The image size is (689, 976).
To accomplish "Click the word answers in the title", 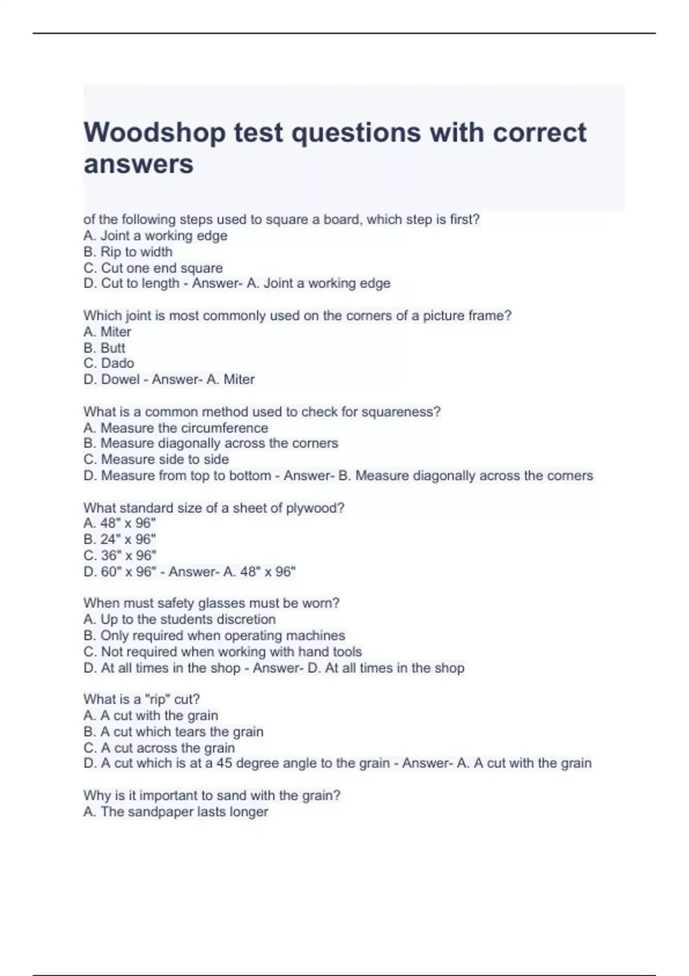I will point(138,165).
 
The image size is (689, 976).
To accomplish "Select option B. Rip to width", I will point(127,252).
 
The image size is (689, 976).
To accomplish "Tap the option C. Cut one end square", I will point(153,268).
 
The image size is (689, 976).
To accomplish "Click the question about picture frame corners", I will point(297,316).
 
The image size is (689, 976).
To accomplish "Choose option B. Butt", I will point(104,348).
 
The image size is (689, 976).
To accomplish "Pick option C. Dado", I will point(109,363).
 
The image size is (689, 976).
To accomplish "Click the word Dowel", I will point(120,379).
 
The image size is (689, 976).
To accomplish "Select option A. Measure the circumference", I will point(175,428).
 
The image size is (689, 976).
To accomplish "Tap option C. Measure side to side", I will point(156,460).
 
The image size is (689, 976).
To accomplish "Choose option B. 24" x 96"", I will point(119,540).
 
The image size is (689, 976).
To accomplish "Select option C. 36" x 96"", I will point(119,556).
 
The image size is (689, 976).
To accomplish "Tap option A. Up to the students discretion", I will point(179,619).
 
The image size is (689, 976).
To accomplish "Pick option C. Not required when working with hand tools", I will point(222,652).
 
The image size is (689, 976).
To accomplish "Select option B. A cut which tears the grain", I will point(173,732).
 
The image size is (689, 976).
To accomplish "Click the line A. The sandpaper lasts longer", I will point(175,812).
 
